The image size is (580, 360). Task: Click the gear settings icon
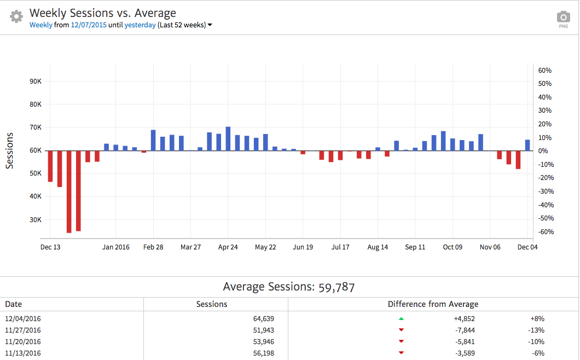pos(17,16)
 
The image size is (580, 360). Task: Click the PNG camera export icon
pos(563,19)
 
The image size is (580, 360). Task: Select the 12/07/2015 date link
pos(89,25)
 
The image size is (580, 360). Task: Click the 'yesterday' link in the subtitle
pos(140,25)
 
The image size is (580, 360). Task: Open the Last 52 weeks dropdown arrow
pos(210,25)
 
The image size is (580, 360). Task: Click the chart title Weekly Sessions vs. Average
pos(103,13)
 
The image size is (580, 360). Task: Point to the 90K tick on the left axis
pos(36,82)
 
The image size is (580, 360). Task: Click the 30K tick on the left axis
pos(36,220)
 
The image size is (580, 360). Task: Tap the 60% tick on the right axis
pos(545,71)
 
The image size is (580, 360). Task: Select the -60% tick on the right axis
pos(545,232)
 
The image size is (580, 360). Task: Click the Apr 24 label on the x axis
pos(228,247)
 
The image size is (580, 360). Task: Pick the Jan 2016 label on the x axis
pos(116,247)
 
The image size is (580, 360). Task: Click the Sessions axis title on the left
pos(10,150)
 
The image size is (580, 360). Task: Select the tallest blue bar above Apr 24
pos(228,138)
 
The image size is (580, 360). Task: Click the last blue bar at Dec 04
pos(527,145)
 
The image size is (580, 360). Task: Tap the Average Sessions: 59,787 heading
pos(289,287)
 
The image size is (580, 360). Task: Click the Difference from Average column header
pos(433,304)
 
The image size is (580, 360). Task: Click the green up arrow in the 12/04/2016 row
pos(401,318)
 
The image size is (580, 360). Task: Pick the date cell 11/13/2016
pos(23,353)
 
